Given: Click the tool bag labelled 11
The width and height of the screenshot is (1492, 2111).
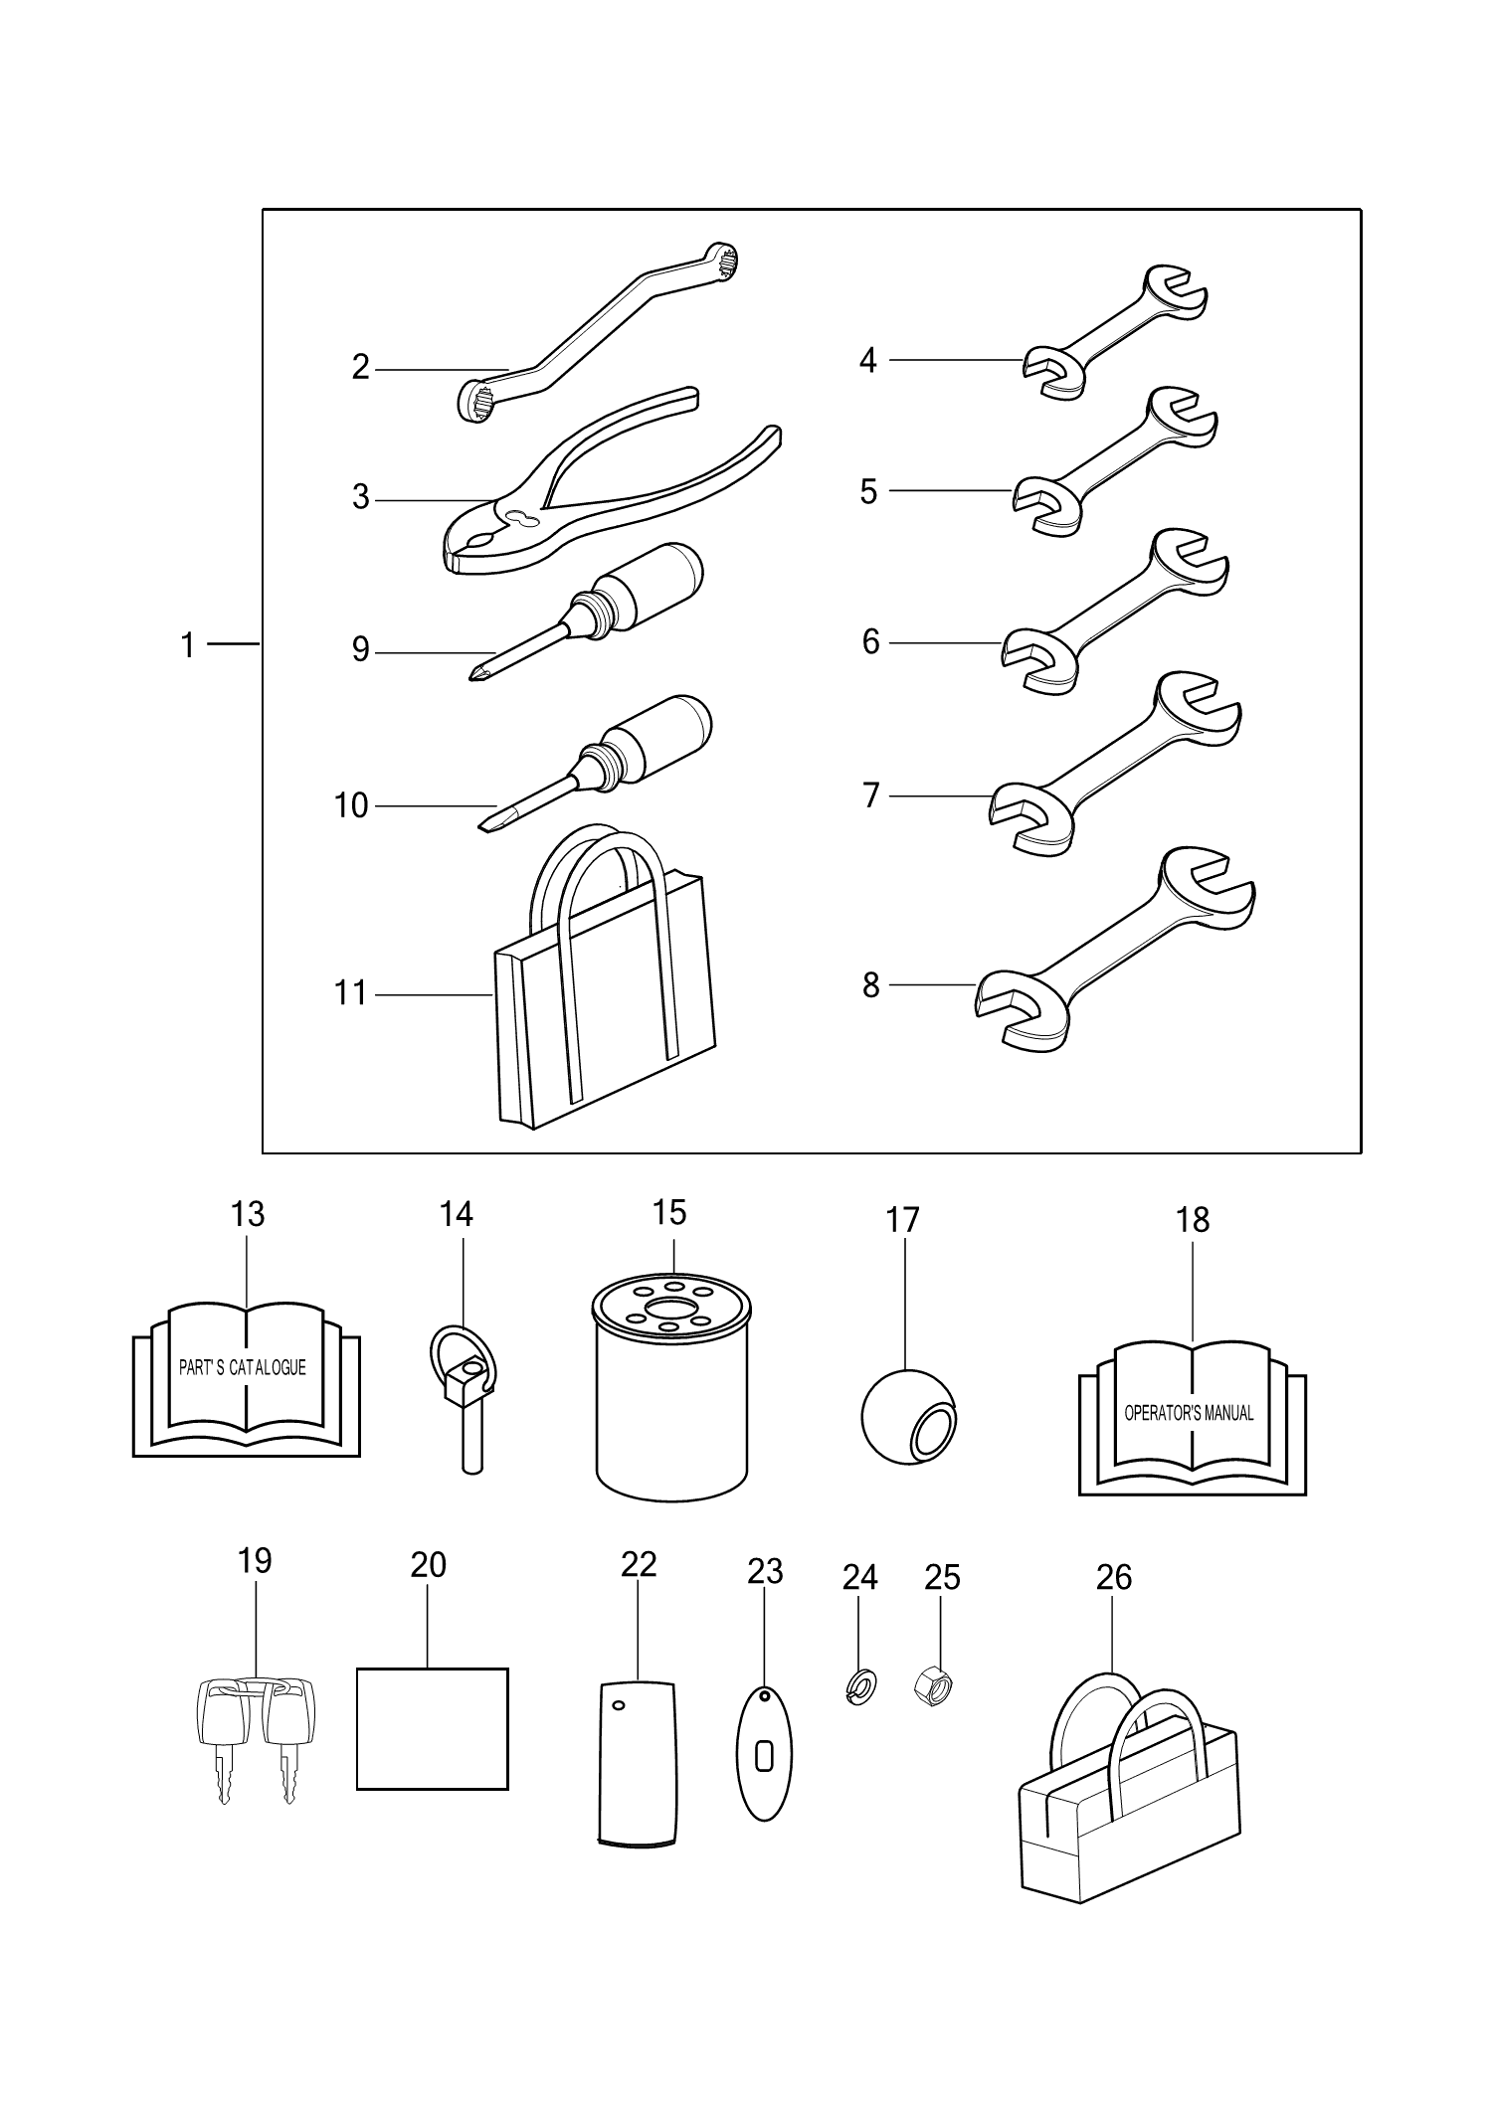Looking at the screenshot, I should pyautogui.click(x=607, y=1004).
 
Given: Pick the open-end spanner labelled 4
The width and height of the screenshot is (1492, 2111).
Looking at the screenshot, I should pyautogui.click(x=1114, y=333).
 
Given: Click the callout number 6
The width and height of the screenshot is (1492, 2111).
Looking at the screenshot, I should pyautogui.click(x=870, y=642).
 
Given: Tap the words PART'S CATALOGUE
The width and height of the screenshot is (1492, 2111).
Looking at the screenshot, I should pyautogui.click(x=242, y=1368).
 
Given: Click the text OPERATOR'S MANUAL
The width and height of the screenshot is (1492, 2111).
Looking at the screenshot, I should pyautogui.click(x=1189, y=1413).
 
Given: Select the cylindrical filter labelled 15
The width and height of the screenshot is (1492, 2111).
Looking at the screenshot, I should pyautogui.click(x=670, y=1392).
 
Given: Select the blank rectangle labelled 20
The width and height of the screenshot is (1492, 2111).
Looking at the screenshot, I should pyautogui.click(x=432, y=1729).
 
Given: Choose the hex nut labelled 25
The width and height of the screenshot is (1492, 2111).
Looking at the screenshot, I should pyautogui.click(x=933, y=1685).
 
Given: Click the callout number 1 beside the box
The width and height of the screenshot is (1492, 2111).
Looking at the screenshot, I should pyautogui.click(x=187, y=645).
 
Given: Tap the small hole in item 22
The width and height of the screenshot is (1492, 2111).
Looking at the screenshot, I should pyautogui.click(x=619, y=1705).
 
